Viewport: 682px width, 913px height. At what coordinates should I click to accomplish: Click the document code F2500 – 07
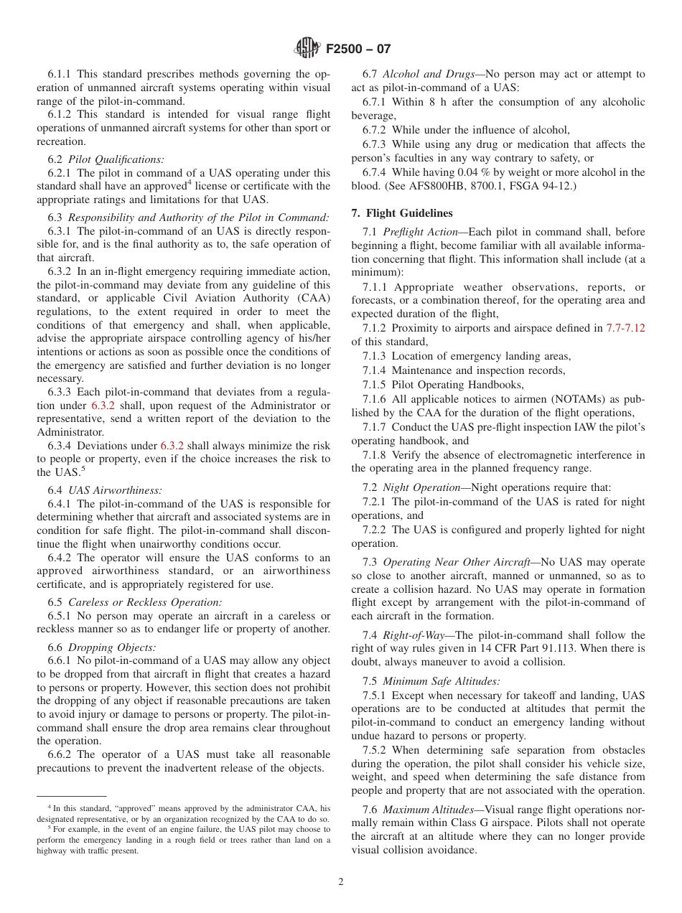click(x=358, y=50)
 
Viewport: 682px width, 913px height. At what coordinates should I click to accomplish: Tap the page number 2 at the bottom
click(x=341, y=882)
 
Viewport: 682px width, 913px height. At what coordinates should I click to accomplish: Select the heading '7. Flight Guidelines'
click(x=402, y=213)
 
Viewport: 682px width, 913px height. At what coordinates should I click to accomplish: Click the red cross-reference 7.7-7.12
click(x=625, y=328)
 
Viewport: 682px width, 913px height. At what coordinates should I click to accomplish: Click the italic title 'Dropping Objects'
click(x=111, y=647)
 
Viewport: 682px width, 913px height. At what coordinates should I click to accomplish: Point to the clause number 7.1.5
click(x=374, y=385)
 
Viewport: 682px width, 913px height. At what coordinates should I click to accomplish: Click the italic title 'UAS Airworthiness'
click(x=115, y=490)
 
